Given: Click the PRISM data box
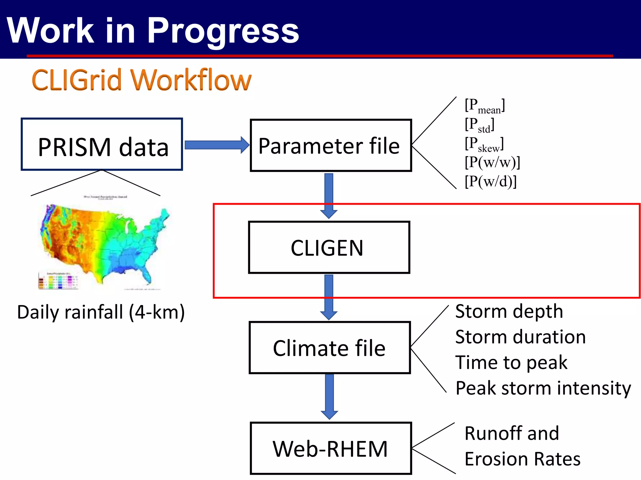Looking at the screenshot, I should coord(102,144).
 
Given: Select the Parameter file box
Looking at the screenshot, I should coord(331,146).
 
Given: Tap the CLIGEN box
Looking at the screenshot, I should coord(329,247).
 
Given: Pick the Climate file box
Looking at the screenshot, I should coord(330,347).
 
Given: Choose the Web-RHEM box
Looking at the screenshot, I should coord(331,448).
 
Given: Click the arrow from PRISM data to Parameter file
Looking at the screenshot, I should coord(216,145).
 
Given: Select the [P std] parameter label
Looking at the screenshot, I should coord(479,125).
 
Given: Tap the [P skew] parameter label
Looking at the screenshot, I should coord(484,144).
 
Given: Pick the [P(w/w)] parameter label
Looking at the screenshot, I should coord(492,162).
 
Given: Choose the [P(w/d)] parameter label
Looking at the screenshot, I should coord(490,181).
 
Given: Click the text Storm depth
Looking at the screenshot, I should coord(509,312).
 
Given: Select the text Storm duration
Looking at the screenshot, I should coord(520,337).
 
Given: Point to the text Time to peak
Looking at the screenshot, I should coord(511,362).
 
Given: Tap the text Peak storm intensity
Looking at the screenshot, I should coord(543,388).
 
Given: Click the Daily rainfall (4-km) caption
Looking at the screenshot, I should coord(101,312).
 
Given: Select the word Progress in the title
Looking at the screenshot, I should coord(223,31).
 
